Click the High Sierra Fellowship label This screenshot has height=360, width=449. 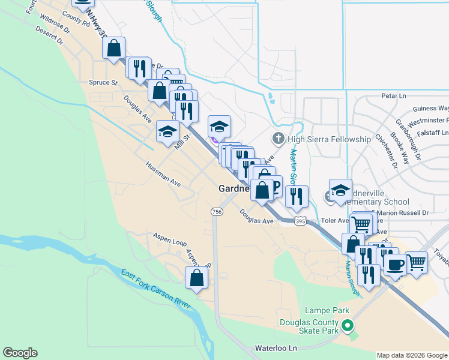pos(330,139)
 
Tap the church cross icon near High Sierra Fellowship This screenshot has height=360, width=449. pos(279,139)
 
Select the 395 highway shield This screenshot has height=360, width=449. pos(301,221)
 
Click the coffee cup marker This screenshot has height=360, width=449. pos(395,264)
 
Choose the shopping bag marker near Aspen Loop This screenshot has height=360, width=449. pos(197,278)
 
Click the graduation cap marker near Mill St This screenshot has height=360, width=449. pos(167,131)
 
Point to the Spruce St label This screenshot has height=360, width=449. pos(103,83)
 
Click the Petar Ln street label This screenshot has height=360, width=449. pos(394,95)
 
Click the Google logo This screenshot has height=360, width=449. pos(20,353)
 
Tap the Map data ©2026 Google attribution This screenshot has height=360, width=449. pos(412,355)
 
